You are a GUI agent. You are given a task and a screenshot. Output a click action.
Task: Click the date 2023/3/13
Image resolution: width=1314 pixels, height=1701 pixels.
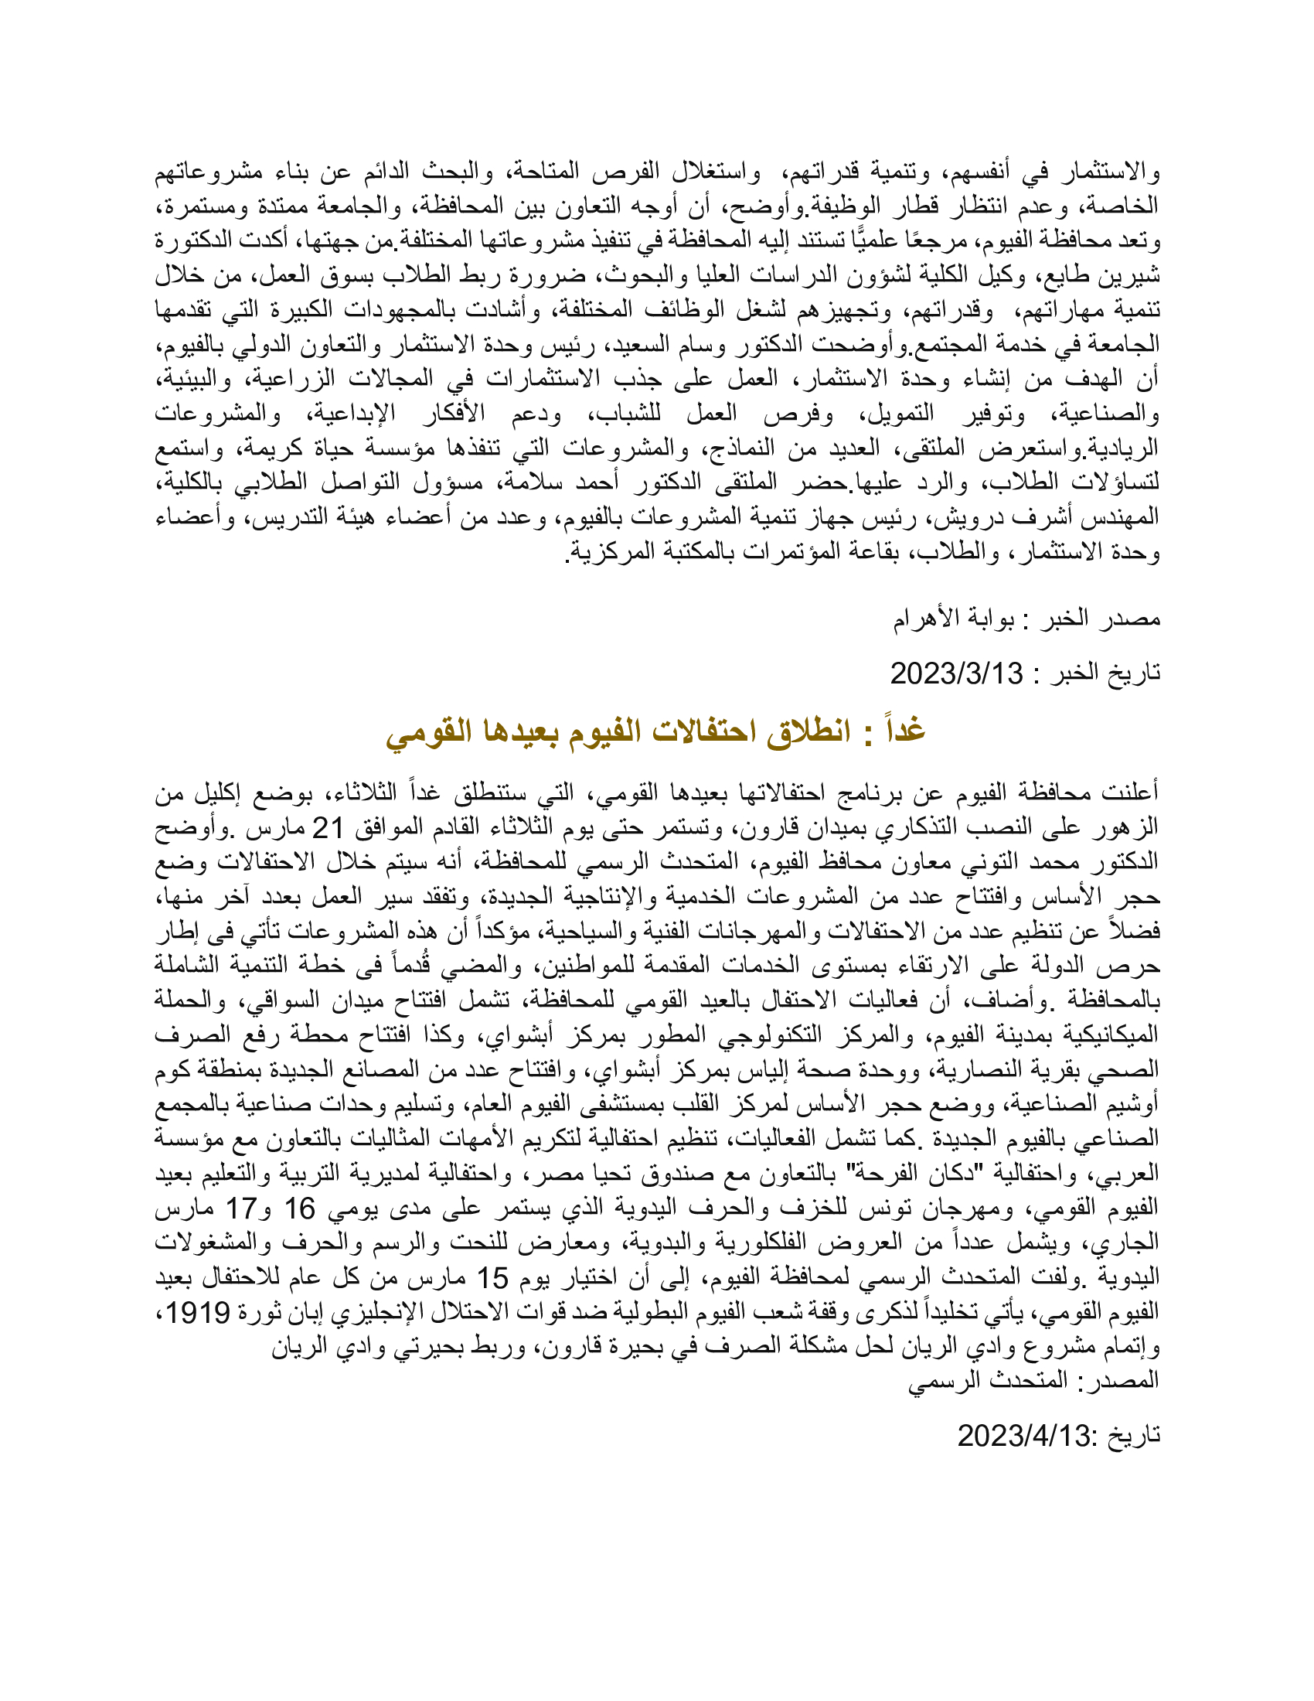coord(956,673)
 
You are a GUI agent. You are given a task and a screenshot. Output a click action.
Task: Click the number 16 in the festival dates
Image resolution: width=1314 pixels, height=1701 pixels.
coord(299,1208)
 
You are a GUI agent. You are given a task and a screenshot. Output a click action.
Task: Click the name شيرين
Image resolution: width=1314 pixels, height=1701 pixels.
coord(1132,276)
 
